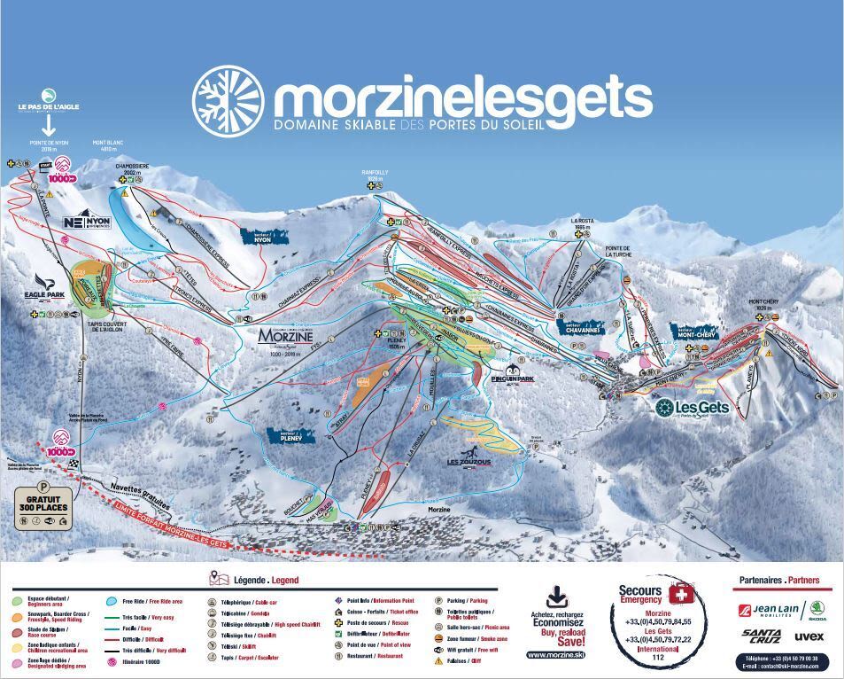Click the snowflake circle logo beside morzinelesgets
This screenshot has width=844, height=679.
(x=228, y=98)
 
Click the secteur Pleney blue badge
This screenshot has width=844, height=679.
(x=290, y=436)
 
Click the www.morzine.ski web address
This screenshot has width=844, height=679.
(x=555, y=654)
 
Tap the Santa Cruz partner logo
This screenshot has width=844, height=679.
(x=761, y=636)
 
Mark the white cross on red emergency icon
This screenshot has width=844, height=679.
(x=679, y=593)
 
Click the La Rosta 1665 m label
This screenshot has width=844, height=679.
(x=581, y=223)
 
